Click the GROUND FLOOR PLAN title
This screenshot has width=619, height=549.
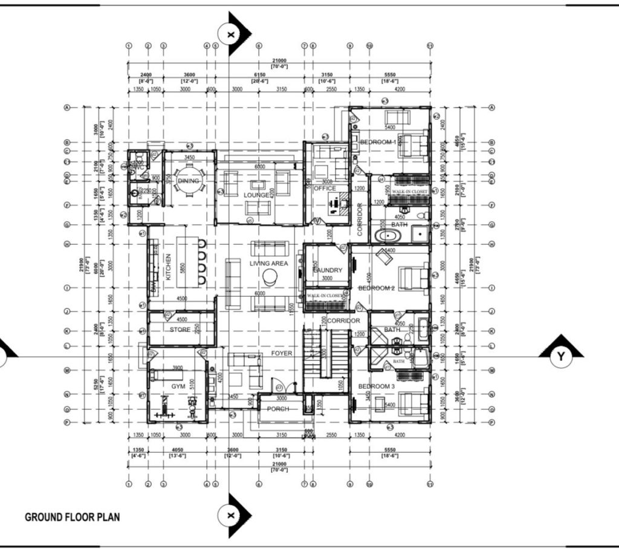coord(72,517)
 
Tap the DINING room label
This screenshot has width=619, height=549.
coord(188,181)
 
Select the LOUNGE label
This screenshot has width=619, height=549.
coord(257,195)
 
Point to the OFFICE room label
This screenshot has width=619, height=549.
coord(325,189)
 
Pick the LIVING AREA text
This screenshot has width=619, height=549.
coord(269,264)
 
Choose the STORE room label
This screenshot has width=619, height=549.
coord(180,330)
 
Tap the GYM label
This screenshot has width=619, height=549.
coord(178,385)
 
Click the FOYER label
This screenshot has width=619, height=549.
coord(281,353)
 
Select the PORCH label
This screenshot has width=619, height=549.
coord(278,409)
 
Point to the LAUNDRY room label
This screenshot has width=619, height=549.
coord(328,270)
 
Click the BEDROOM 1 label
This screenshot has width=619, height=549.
coord(378,142)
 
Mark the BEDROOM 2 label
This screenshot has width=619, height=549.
coord(377,288)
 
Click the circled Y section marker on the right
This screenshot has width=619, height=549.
coord(561,357)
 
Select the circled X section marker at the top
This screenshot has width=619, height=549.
coord(230,34)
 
